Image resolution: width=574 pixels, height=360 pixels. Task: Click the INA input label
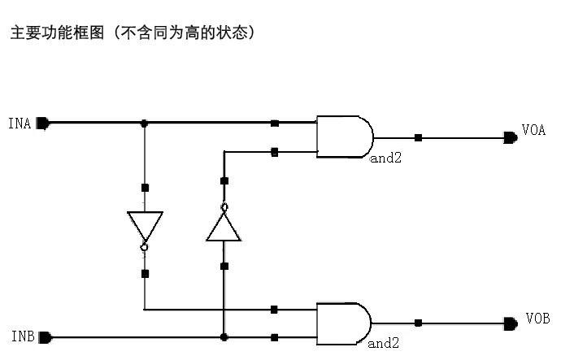coord(20,124)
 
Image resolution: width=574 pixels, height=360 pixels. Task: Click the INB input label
coord(22,336)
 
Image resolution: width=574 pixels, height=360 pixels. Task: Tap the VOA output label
coord(534,131)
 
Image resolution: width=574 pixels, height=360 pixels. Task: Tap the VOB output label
coord(537,319)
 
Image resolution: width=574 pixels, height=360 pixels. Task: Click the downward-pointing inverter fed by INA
coord(145,225)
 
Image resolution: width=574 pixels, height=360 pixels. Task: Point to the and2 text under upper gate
coord(386,158)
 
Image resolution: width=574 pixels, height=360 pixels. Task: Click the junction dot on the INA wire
coord(145,124)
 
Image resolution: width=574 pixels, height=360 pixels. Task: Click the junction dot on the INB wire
coord(224,336)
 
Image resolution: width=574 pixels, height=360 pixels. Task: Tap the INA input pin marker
coord(43,124)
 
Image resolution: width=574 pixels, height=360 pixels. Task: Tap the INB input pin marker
coord(45,336)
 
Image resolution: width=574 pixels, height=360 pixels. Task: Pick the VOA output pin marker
coord(510,138)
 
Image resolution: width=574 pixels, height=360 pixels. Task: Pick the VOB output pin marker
coord(510,323)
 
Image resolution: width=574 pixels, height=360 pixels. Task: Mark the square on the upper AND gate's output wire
coord(418,138)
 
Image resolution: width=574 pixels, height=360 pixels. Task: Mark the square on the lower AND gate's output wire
coord(418,323)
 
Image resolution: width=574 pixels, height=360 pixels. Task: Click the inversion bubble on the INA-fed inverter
coord(145,245)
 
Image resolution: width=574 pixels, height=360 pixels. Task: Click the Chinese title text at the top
coord(133,33)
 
